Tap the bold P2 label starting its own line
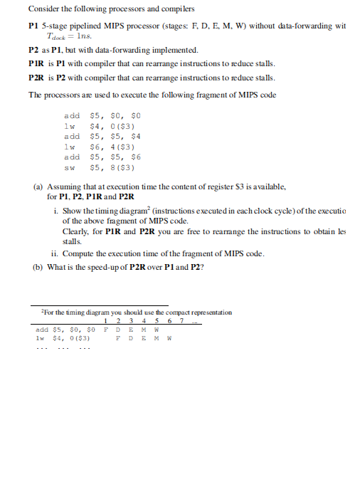[x=33, y=51]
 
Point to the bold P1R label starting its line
[x=37, y=64]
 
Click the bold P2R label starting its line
[x=37, y=77]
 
